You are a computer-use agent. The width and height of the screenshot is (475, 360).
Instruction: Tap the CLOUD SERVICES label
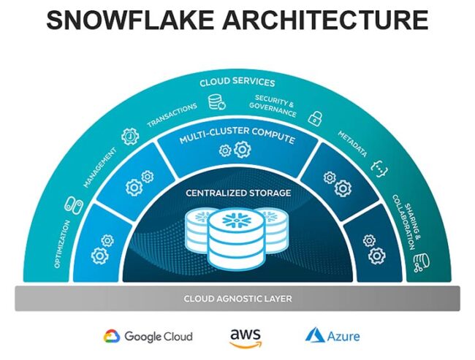[237, 83]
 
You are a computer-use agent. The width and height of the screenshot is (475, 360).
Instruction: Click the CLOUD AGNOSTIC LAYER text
[237, 298]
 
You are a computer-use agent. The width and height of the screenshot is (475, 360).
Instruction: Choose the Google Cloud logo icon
[111, 336]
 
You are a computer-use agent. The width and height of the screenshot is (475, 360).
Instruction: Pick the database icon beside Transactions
[217, 103]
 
